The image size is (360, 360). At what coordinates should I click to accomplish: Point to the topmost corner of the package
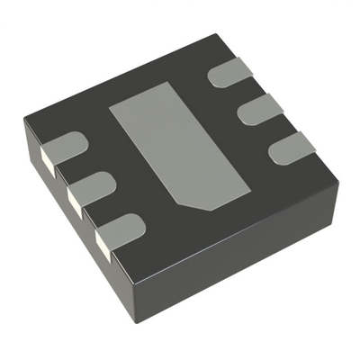pos(217,36)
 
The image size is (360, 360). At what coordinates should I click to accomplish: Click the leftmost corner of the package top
pos(24,121)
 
